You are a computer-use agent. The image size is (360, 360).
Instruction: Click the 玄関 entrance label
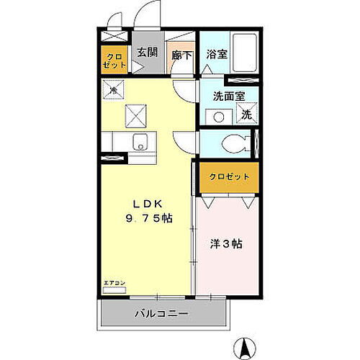click(x=148, y=52)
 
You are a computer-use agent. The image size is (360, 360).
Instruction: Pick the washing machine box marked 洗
click(x=246, y=114)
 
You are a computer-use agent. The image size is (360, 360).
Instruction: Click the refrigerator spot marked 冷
click(x=114, y=90)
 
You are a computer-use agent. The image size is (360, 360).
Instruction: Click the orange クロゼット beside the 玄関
click(x=115, y=60)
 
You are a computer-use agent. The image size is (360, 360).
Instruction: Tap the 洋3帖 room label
click(x=226, y=244)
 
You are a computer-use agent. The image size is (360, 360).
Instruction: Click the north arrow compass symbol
click(x=246, y=346)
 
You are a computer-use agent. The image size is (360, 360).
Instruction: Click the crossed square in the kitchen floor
click(x=135, y=114)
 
